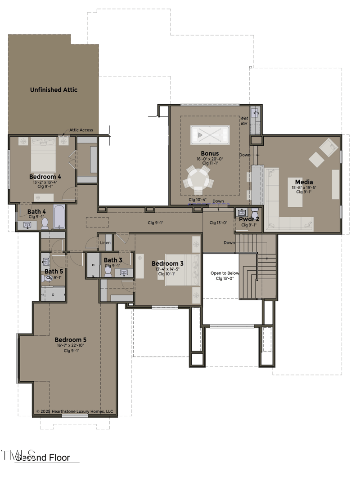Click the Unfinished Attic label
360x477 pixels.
(x=54, y=90)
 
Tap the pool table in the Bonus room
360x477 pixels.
(x=210, y=135)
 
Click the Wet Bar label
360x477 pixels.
(x=244, y=121)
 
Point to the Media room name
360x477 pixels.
(x=304, y=182)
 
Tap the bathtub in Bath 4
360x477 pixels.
(x=59, y=217)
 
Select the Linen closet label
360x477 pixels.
(x=105, y=243)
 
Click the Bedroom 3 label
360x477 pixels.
(x=167, y=263)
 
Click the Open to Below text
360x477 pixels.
(x=225, y=273)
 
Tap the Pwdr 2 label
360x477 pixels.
(x=249, y=219)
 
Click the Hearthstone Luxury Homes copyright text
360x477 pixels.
(x=75, y=411)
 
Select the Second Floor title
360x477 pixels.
(x=43, y=458)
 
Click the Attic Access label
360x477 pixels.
(x=81, y=130)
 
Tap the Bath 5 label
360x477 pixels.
(x=54, y=272)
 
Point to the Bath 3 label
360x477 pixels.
(x=113, y=260)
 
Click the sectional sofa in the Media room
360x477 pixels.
(x=283, y=211)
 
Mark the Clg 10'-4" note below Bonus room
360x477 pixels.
(x=198, y=200)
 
